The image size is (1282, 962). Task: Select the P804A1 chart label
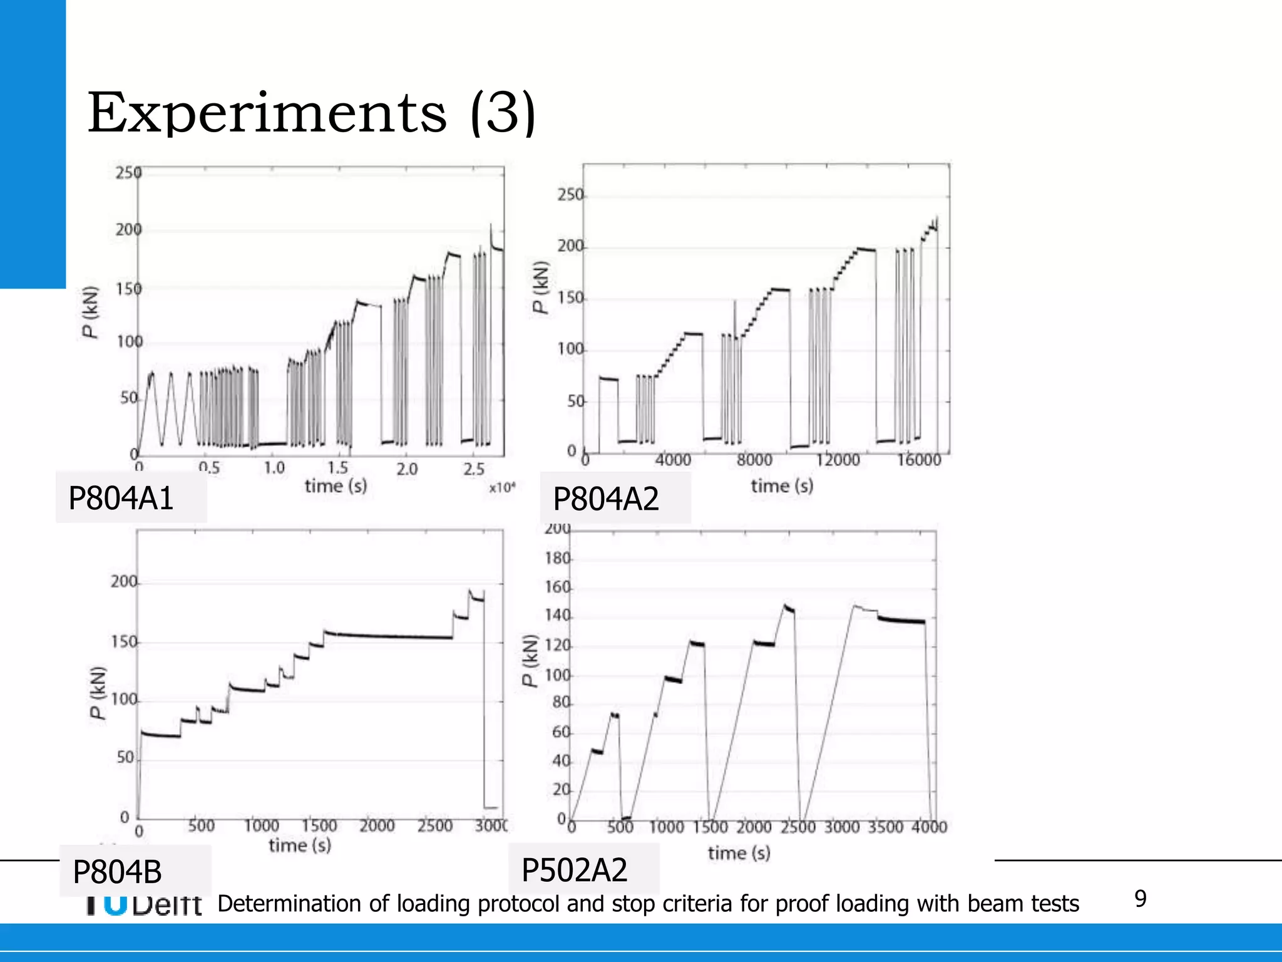point(121,499)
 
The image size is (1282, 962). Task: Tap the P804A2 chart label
point(606,499)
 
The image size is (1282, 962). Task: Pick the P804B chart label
point(117,872)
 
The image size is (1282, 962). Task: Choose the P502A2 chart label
point(574,870)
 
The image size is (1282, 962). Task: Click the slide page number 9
point(1141,899)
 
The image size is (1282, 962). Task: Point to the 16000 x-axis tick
point(919,460)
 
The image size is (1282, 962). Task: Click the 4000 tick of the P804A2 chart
point(673,460)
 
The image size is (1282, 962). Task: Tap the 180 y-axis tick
point(558,558)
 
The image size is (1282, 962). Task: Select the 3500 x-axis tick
point(885,827)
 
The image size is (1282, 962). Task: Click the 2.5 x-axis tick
point(474,468)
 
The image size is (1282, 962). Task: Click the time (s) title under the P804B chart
point(300,846)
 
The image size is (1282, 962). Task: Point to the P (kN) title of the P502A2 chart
point(531,661)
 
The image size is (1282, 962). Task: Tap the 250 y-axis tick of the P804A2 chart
point(570,195)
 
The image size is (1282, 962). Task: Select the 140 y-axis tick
point(558,616)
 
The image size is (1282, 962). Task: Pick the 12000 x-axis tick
point(838,460)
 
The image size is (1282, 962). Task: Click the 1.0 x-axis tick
point(274,468)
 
